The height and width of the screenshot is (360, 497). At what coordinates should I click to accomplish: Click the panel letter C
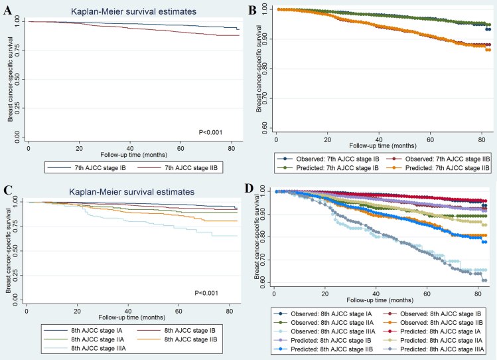tap(7, 191)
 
